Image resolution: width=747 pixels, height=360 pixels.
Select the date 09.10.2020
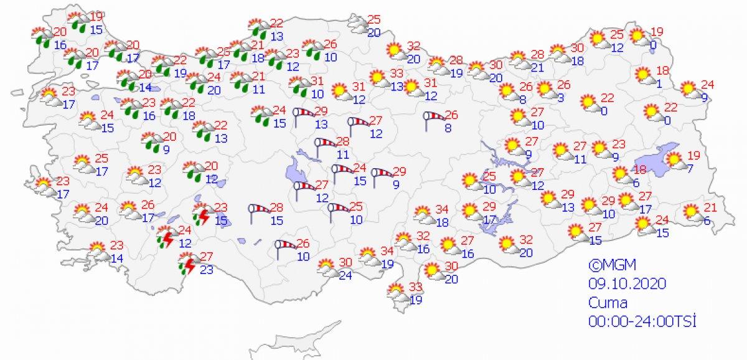pos(627,283)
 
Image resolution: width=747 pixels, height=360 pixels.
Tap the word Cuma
pos(608,303)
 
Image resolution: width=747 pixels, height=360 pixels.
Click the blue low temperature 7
pos(690,169)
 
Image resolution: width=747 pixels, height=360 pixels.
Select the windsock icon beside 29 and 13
pos(304,116)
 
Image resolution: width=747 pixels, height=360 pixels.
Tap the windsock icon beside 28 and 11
pos(324,147)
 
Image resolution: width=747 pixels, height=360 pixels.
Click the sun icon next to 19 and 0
pos(638,37)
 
